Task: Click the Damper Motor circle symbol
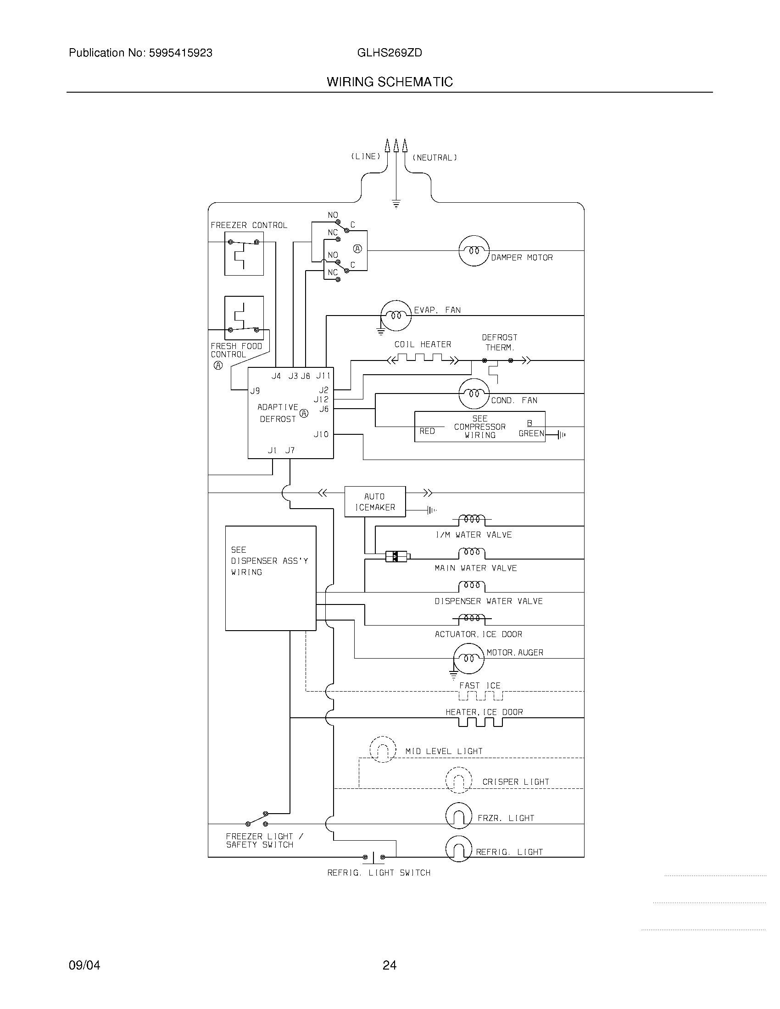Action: [474, 251]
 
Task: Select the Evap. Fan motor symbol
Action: [396, 316]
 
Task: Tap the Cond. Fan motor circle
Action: [474, 394]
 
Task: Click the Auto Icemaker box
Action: [375, 501]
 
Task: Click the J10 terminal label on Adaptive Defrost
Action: [321, 434]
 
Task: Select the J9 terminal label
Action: [255, 391]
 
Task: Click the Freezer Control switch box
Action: [244, 254]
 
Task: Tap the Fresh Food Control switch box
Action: [244, 318]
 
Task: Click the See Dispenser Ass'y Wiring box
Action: [270, 578]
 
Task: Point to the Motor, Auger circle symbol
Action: [468, 658]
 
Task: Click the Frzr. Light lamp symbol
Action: [458, 815]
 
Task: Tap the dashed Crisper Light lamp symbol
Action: [458, 780]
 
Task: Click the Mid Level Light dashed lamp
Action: [383, 749]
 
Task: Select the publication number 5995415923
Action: [180, 53]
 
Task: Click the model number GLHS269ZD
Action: [389, 53]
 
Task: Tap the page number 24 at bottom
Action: [389, 965]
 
